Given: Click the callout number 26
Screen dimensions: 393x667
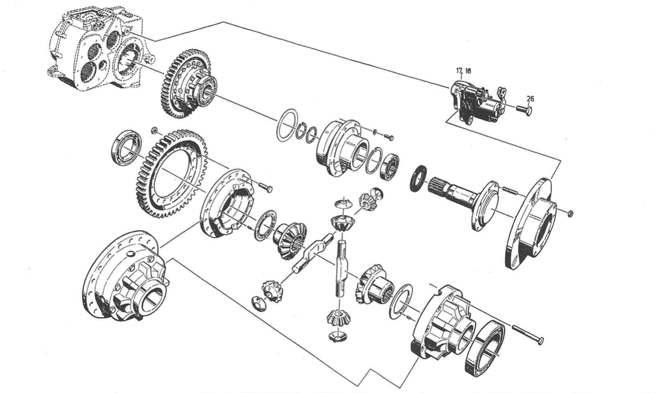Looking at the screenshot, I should click(530, 99).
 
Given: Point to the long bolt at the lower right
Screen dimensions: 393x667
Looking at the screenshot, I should click(527, 335).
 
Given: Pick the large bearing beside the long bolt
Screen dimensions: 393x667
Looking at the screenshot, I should click(485, 348).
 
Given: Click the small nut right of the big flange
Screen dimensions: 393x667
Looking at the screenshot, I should click(570, 213).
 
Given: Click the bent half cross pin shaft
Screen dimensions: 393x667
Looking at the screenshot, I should click(311, 251).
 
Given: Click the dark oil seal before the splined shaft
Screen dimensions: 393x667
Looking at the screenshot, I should click(418, 178).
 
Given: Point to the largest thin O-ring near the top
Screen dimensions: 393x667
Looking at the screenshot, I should click(288, 125).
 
